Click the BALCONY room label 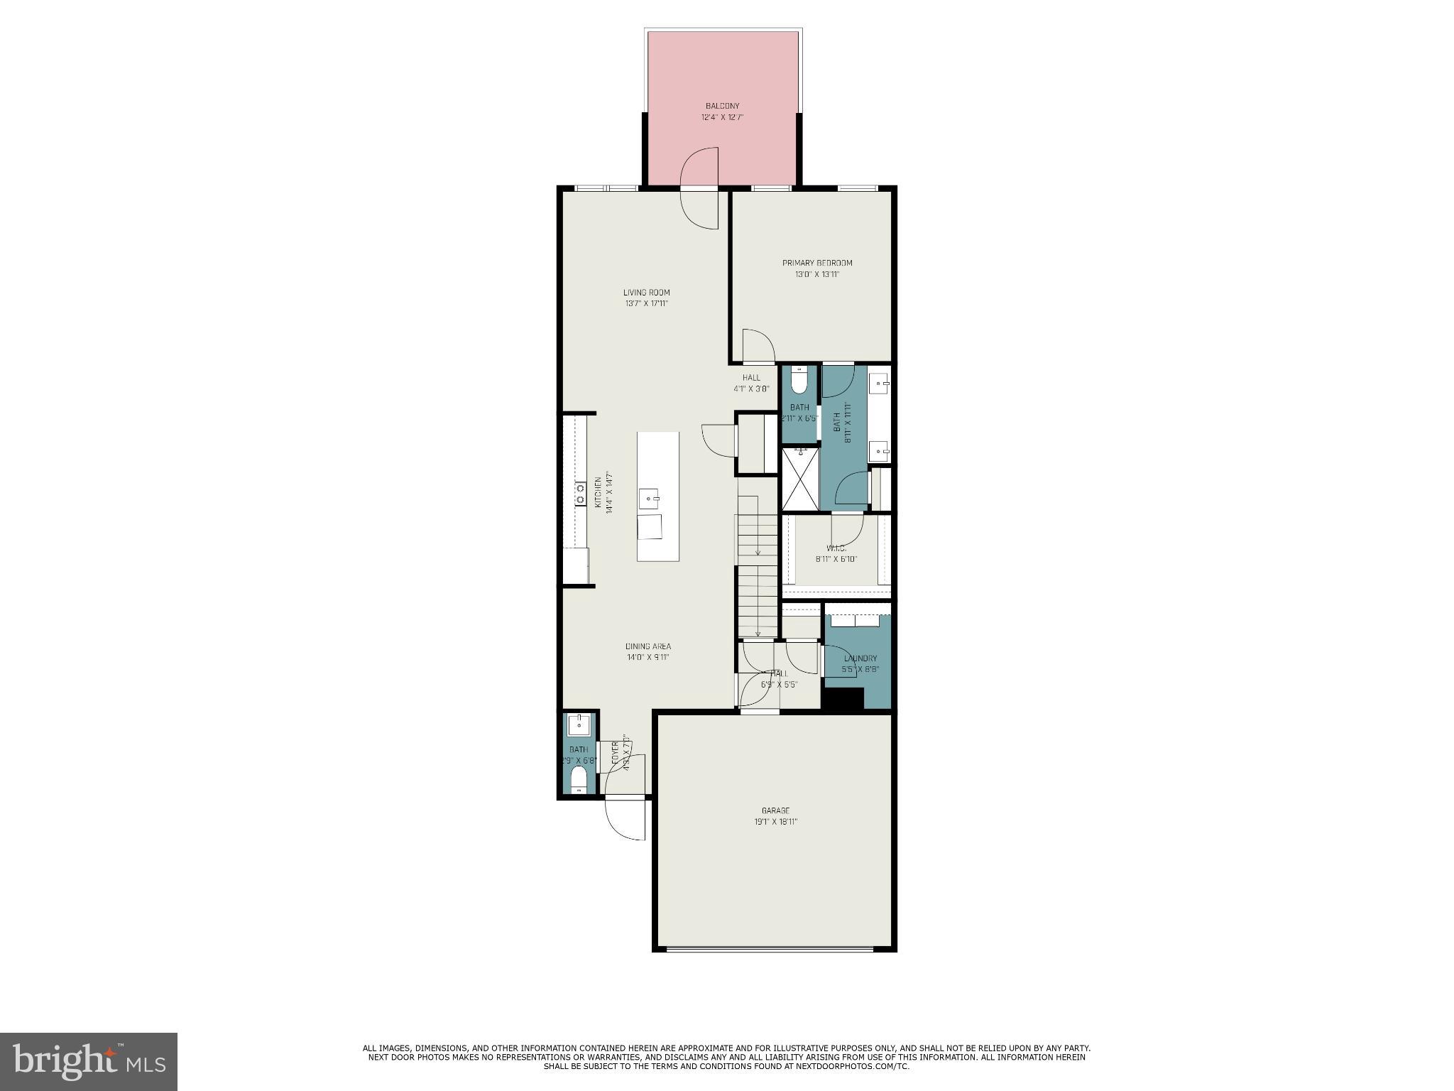pos(722,106)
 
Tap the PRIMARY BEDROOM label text pos(817,263)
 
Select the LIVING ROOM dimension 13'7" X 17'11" pos(646,303)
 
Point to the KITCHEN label pos(598,492)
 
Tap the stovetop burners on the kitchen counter pos(580,494)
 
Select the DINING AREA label pos(647,646)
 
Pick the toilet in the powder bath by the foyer pos(579,778)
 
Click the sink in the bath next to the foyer pos(579,724)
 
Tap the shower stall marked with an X pos(800,478)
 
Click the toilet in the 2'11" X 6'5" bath pos(799,382)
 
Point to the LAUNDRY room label pos(860,658)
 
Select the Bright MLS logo pos(88,1061)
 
